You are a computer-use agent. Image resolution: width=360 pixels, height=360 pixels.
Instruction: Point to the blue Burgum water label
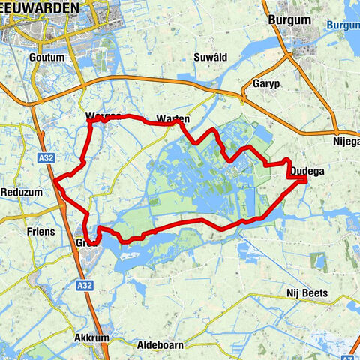(344, 25)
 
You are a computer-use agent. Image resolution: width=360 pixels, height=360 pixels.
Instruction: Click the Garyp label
(266, 82)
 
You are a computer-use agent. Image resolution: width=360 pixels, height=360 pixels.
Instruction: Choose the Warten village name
(172, 118)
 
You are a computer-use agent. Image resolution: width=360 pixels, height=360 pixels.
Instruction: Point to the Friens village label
(40, 232)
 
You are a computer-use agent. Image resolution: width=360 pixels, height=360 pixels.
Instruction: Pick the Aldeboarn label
(162, 345)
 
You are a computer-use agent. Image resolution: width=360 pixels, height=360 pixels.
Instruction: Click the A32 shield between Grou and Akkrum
(84, 285)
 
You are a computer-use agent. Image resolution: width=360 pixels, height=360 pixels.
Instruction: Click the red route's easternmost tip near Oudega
(307, 179)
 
